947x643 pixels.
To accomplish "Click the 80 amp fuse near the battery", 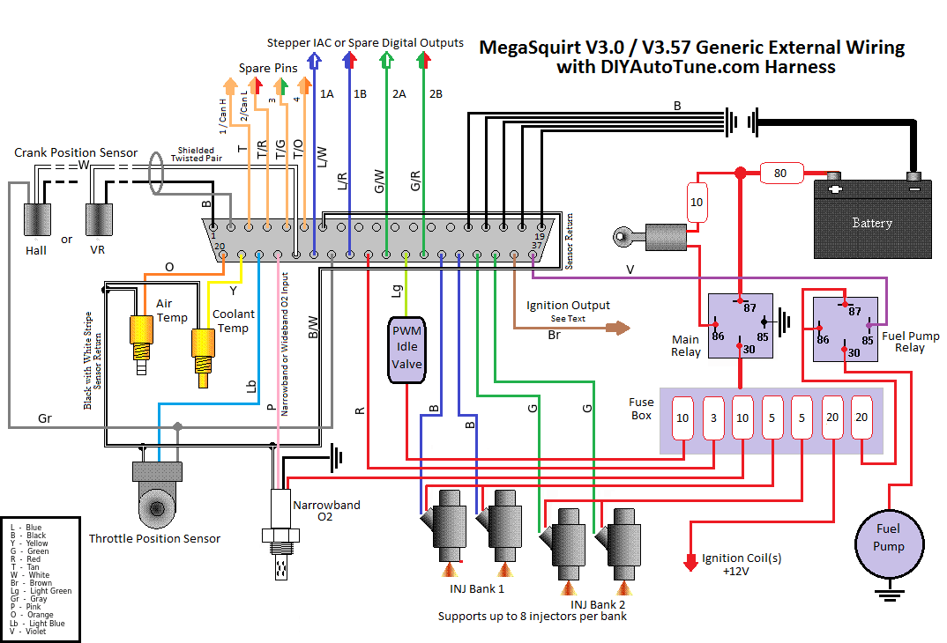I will point(779,174).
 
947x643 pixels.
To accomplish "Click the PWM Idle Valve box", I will point(407,350).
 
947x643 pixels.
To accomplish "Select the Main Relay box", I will point(741,325).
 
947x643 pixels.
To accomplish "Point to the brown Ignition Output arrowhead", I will point(623,328).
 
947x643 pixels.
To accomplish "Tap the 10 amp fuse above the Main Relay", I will point(697,203).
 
